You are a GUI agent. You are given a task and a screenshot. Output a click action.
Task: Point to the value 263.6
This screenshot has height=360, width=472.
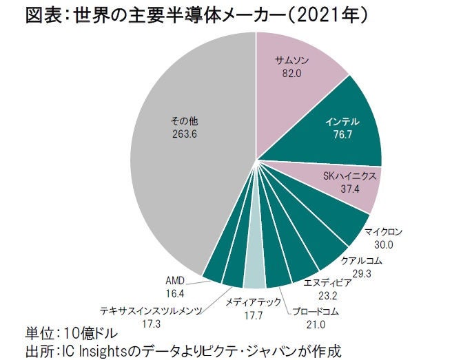pos(185,134)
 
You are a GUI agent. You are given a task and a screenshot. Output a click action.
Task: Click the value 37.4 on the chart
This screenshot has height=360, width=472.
pos(349,189)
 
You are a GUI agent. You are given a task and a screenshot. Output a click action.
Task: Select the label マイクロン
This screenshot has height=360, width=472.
pos(383,232)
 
